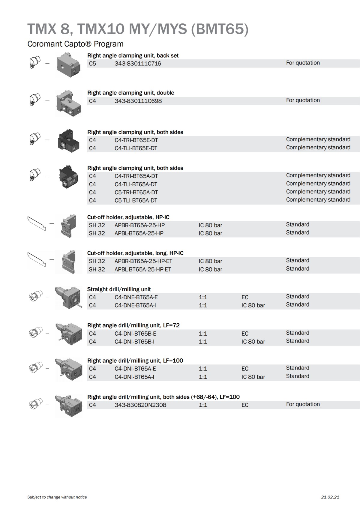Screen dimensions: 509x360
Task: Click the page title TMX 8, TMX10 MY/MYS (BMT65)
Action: click(138, 29)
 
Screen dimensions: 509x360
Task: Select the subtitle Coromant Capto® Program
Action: click(75, 44)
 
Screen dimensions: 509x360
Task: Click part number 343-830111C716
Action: click(138, 64)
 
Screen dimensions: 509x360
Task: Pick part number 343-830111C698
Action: click(138, 101)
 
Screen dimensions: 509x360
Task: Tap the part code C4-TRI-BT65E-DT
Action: click(136, 140)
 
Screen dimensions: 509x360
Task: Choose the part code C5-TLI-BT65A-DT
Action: click(136, 200)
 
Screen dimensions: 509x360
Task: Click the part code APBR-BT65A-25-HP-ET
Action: click(143, 261)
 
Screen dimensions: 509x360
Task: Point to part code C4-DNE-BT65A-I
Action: click(135, 305)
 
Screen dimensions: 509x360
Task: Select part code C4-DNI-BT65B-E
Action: click(135, 334)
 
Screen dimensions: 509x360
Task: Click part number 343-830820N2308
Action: click(140, 405)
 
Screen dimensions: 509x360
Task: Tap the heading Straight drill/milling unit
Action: click(119, 289)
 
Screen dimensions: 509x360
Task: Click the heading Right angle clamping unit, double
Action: click(130, 93)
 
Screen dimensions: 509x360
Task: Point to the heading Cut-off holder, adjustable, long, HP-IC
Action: click(135, 253)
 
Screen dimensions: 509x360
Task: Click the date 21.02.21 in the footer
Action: click(330, 497)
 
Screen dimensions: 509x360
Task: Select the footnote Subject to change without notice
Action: click(57, 497)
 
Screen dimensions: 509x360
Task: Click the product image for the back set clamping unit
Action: click(69, 65)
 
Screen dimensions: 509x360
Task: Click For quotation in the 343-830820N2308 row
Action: click(303, 404)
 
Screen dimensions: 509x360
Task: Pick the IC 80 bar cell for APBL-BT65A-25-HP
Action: click(210, 233)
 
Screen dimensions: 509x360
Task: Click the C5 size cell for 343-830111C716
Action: click(92, 64)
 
